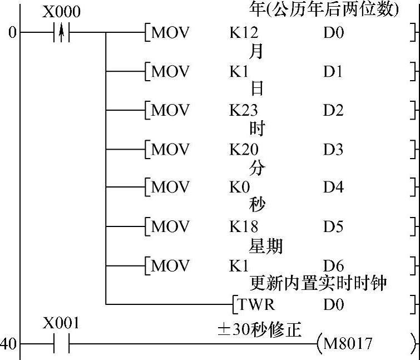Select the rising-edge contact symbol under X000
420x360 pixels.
(x=61, y=33)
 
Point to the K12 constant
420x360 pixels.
(x=242, y=33)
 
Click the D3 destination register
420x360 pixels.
(x=333, y=149)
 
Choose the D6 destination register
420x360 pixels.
(x=333, y=265)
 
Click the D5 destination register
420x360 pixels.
(x=333, y=226)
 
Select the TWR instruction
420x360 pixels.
(x=256, y=304)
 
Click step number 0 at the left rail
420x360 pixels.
(x=11, y=33)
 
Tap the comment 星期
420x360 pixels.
(x=266, y=245)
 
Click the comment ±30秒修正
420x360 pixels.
(x=259, y=330)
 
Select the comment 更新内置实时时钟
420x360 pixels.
(x=318, y=284)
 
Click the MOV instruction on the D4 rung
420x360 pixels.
(x=170, y=188)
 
